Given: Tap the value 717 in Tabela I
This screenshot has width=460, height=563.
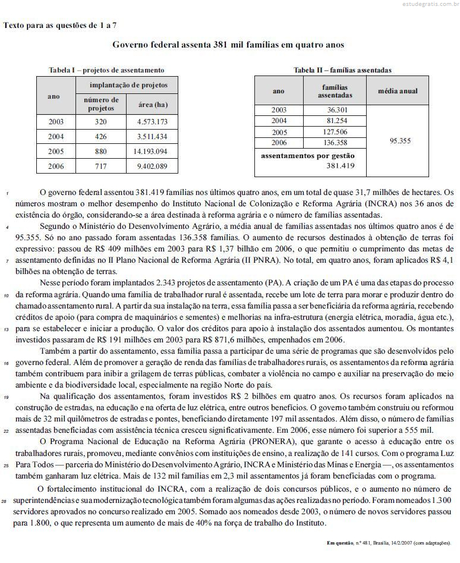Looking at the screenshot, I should [x=101, y=166].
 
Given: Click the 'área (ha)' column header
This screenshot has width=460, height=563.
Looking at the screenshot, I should [x=152, y=104].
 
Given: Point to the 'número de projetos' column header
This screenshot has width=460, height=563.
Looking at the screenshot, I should [x=101, y=104].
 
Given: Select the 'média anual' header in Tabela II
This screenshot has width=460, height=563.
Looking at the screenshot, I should [x=398, y=91].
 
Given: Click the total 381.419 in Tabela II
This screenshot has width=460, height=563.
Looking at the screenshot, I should [x=341, y=166].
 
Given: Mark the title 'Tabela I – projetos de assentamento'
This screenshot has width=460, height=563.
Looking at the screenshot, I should [x=106, y=70].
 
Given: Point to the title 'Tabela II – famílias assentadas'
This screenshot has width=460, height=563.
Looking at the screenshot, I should [x=342, y=70].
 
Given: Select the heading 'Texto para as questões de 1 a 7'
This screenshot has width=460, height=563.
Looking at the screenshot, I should [x=60, y=25].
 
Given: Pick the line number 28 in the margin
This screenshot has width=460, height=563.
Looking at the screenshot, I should [x=6, y=502].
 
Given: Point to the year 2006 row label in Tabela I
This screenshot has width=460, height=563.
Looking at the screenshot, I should [x=56, y=166].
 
